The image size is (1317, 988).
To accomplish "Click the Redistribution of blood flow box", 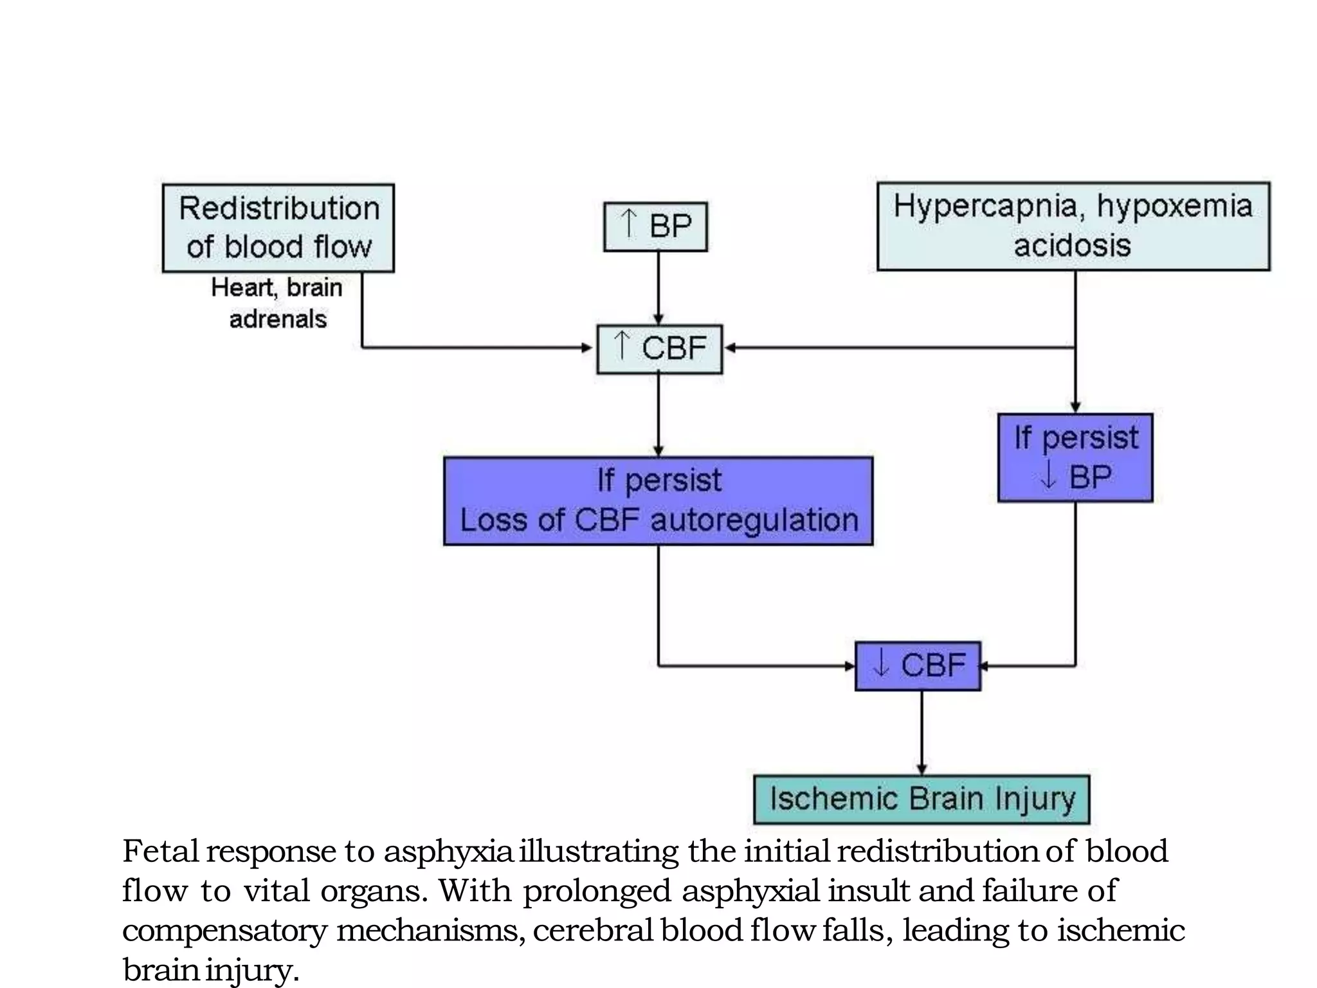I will point(278,228).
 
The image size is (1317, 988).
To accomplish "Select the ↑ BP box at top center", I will point(655,226).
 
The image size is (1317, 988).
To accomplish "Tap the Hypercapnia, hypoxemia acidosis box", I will point(1073,226).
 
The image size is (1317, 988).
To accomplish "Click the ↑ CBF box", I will point(659,349).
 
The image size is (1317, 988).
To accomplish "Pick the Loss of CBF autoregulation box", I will point(658,501).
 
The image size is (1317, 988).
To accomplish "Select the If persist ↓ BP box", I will point(1075,457).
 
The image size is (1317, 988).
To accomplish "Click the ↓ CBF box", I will point(918,666).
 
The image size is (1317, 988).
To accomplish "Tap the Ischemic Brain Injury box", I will point(921,800).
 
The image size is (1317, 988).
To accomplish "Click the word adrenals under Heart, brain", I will point(278,319).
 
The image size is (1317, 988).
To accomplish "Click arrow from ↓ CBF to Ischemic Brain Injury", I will point(922,733).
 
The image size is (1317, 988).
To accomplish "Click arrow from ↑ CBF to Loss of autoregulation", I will point(658,415).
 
